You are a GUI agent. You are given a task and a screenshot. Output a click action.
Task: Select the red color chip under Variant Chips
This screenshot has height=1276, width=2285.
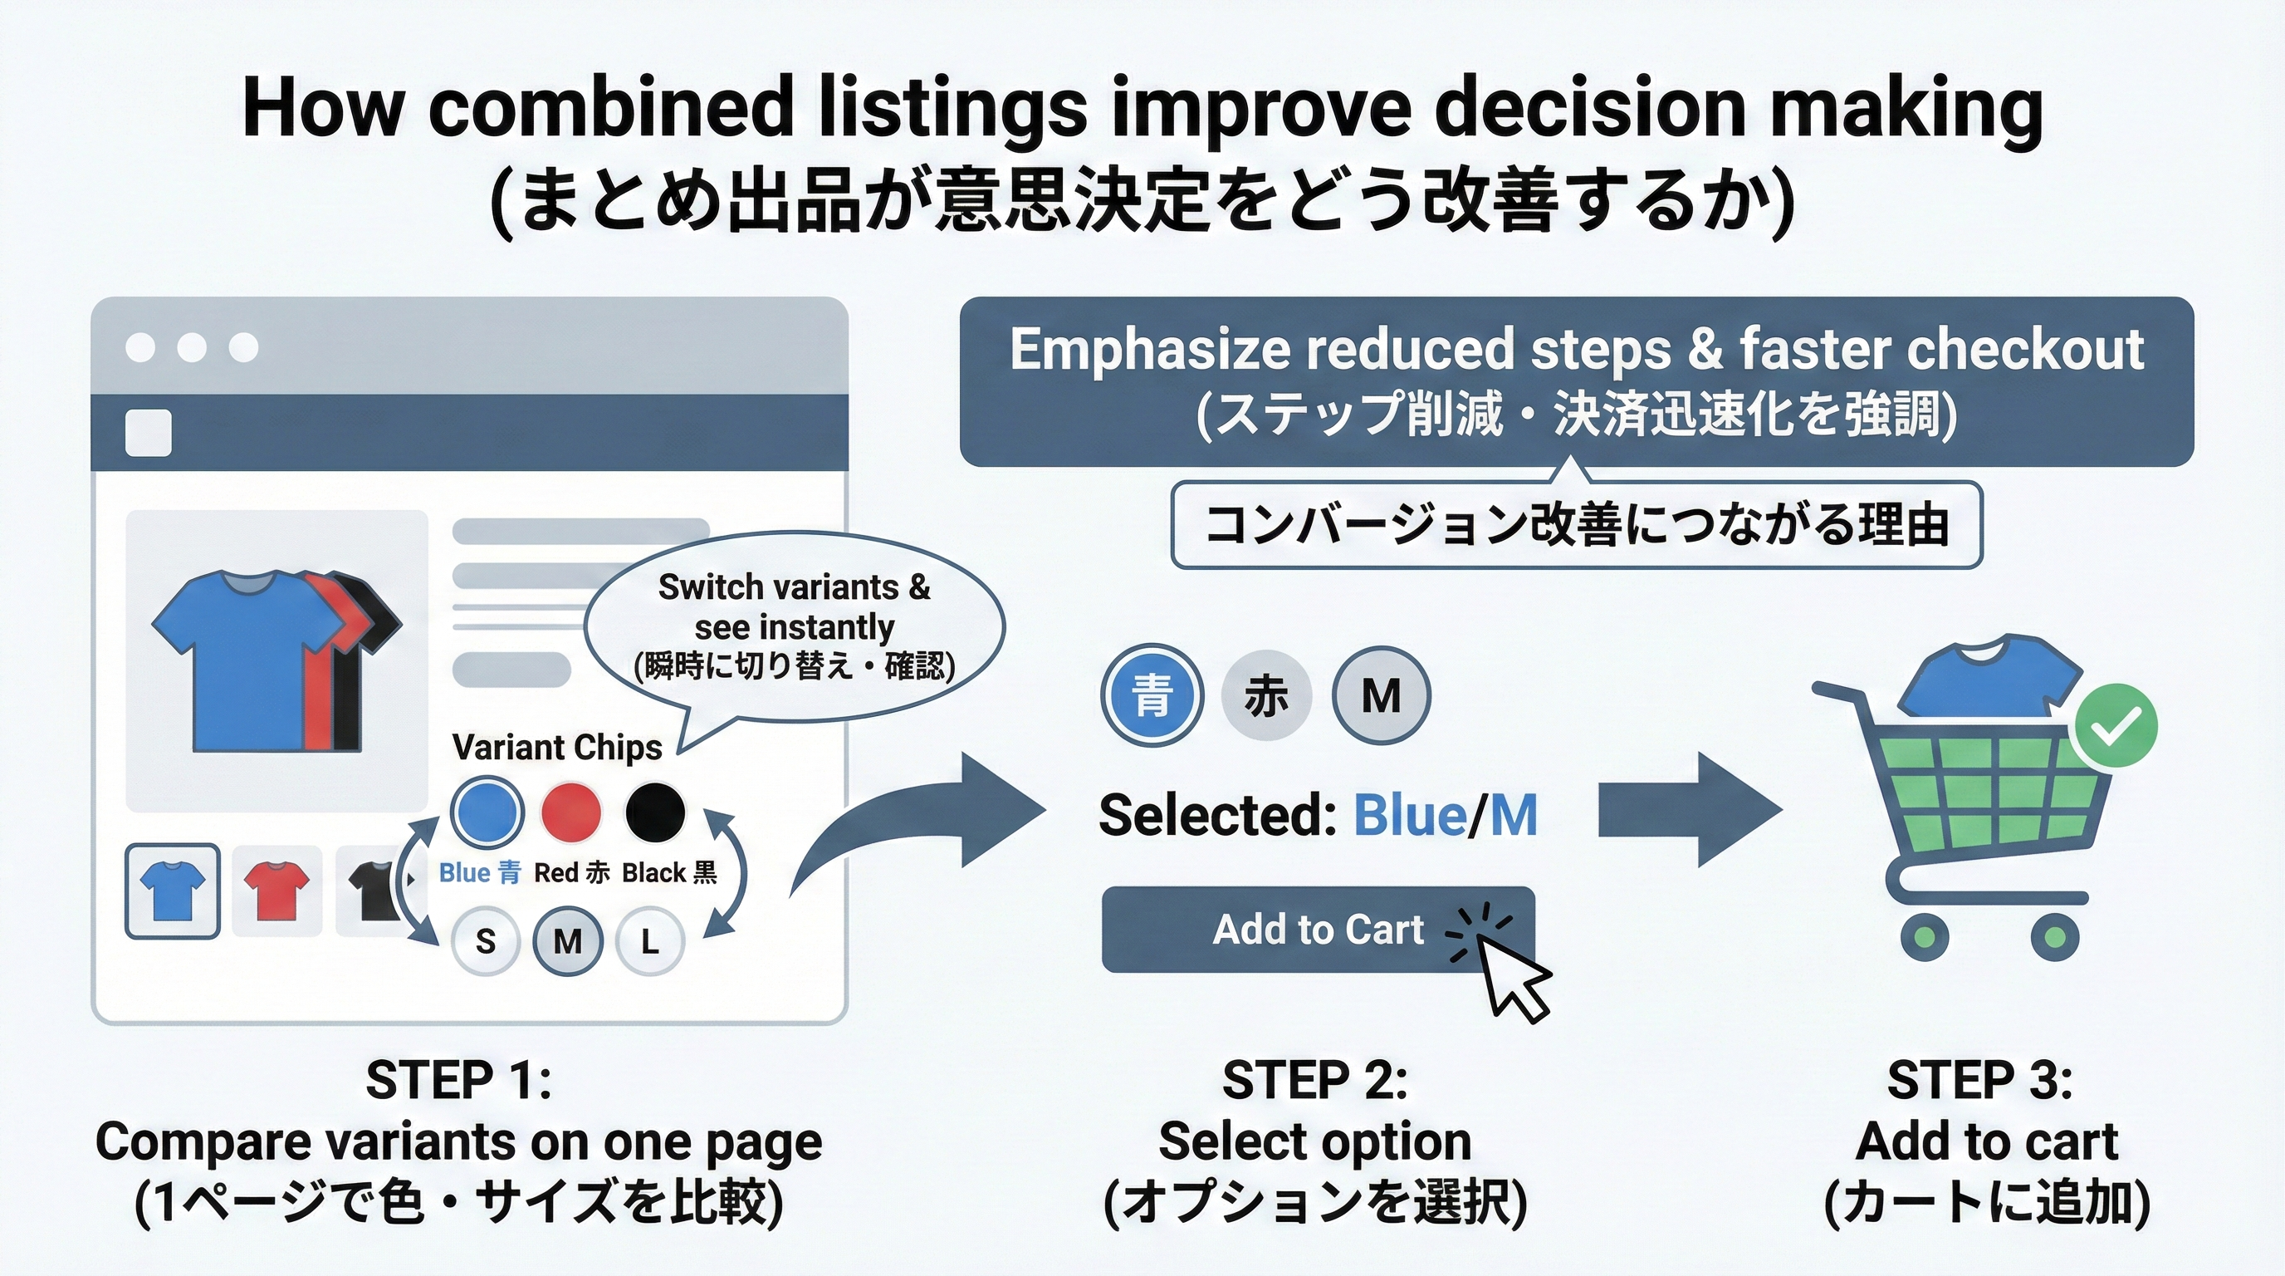[571, 811]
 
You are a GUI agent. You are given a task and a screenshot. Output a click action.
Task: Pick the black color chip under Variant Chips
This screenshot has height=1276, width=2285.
[655, 811]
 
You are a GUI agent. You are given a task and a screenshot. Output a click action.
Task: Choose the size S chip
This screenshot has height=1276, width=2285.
[485, 940]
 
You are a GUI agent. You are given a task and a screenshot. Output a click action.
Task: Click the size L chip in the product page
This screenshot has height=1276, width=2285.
[650, 940]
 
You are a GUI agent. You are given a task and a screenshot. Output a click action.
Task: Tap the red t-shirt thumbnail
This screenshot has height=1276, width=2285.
[276, 890]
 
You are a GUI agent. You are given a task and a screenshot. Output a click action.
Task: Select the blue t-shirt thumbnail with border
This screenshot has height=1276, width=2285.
[173, 890]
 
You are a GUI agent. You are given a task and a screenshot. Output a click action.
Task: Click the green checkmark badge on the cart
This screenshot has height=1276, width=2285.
[2115, 727]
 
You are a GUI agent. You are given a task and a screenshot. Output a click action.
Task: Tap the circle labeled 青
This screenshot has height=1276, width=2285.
[1152, 694]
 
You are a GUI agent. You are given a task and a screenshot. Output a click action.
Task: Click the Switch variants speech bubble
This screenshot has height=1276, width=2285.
[794, 626]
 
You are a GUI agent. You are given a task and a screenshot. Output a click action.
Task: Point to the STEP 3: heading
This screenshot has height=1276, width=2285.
[1979, 1080]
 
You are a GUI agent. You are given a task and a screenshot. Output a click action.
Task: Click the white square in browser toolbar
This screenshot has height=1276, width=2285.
[148, 433]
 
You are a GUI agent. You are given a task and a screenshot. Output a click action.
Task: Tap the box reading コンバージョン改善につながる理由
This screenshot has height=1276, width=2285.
[1576, 524]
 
